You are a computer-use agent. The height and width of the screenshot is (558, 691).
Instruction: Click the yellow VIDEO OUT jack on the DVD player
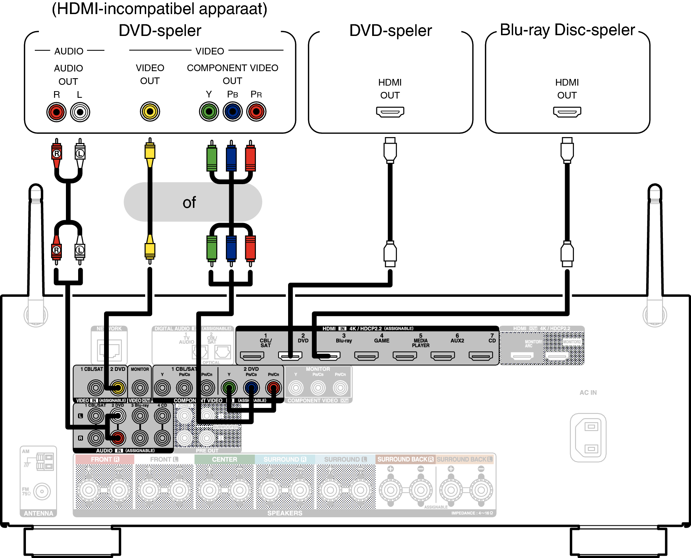[x=150, y=112]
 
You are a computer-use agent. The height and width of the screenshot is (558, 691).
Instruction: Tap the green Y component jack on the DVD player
[x=209, y=112]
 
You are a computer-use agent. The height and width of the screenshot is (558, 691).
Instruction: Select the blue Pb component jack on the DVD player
[x=233, y=112]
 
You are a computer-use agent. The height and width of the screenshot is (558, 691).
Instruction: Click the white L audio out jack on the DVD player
[x=80, y=112]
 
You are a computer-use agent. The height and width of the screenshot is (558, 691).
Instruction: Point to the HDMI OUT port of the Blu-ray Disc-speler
[x=567, y=112]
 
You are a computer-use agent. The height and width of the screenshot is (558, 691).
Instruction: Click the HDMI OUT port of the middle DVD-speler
[x=390, y=112]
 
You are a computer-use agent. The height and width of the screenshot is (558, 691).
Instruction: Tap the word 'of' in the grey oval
[x=189, y=203]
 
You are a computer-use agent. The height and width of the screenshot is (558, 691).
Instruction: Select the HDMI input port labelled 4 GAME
[x=366, y=356]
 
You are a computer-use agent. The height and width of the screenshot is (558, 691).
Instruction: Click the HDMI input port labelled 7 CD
[x=481, y=356]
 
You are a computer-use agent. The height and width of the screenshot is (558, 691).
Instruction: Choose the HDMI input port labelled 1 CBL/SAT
[x=252, y=356]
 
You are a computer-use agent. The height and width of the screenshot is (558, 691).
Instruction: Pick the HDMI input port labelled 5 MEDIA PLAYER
[x=405, y=356]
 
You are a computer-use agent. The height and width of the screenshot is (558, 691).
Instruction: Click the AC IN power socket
[x=588, y=438]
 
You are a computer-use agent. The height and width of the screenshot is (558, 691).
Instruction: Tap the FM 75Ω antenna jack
[x=42, y=492]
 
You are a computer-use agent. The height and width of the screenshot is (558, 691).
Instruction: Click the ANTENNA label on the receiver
[x=39, y=513]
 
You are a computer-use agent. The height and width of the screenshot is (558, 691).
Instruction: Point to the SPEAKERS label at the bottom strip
[x=285, y=513]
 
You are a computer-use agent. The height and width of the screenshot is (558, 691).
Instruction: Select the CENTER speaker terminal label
[x=224, y=459]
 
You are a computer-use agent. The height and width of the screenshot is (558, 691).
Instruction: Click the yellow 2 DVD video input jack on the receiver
[x=118, y=388]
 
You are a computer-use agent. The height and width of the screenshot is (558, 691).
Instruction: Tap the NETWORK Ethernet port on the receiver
[x=110, y=350]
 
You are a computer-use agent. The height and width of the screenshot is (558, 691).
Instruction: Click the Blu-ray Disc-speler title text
[x=567, y=30]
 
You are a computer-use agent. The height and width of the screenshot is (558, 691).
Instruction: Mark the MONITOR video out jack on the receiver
[x=140, y=388]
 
